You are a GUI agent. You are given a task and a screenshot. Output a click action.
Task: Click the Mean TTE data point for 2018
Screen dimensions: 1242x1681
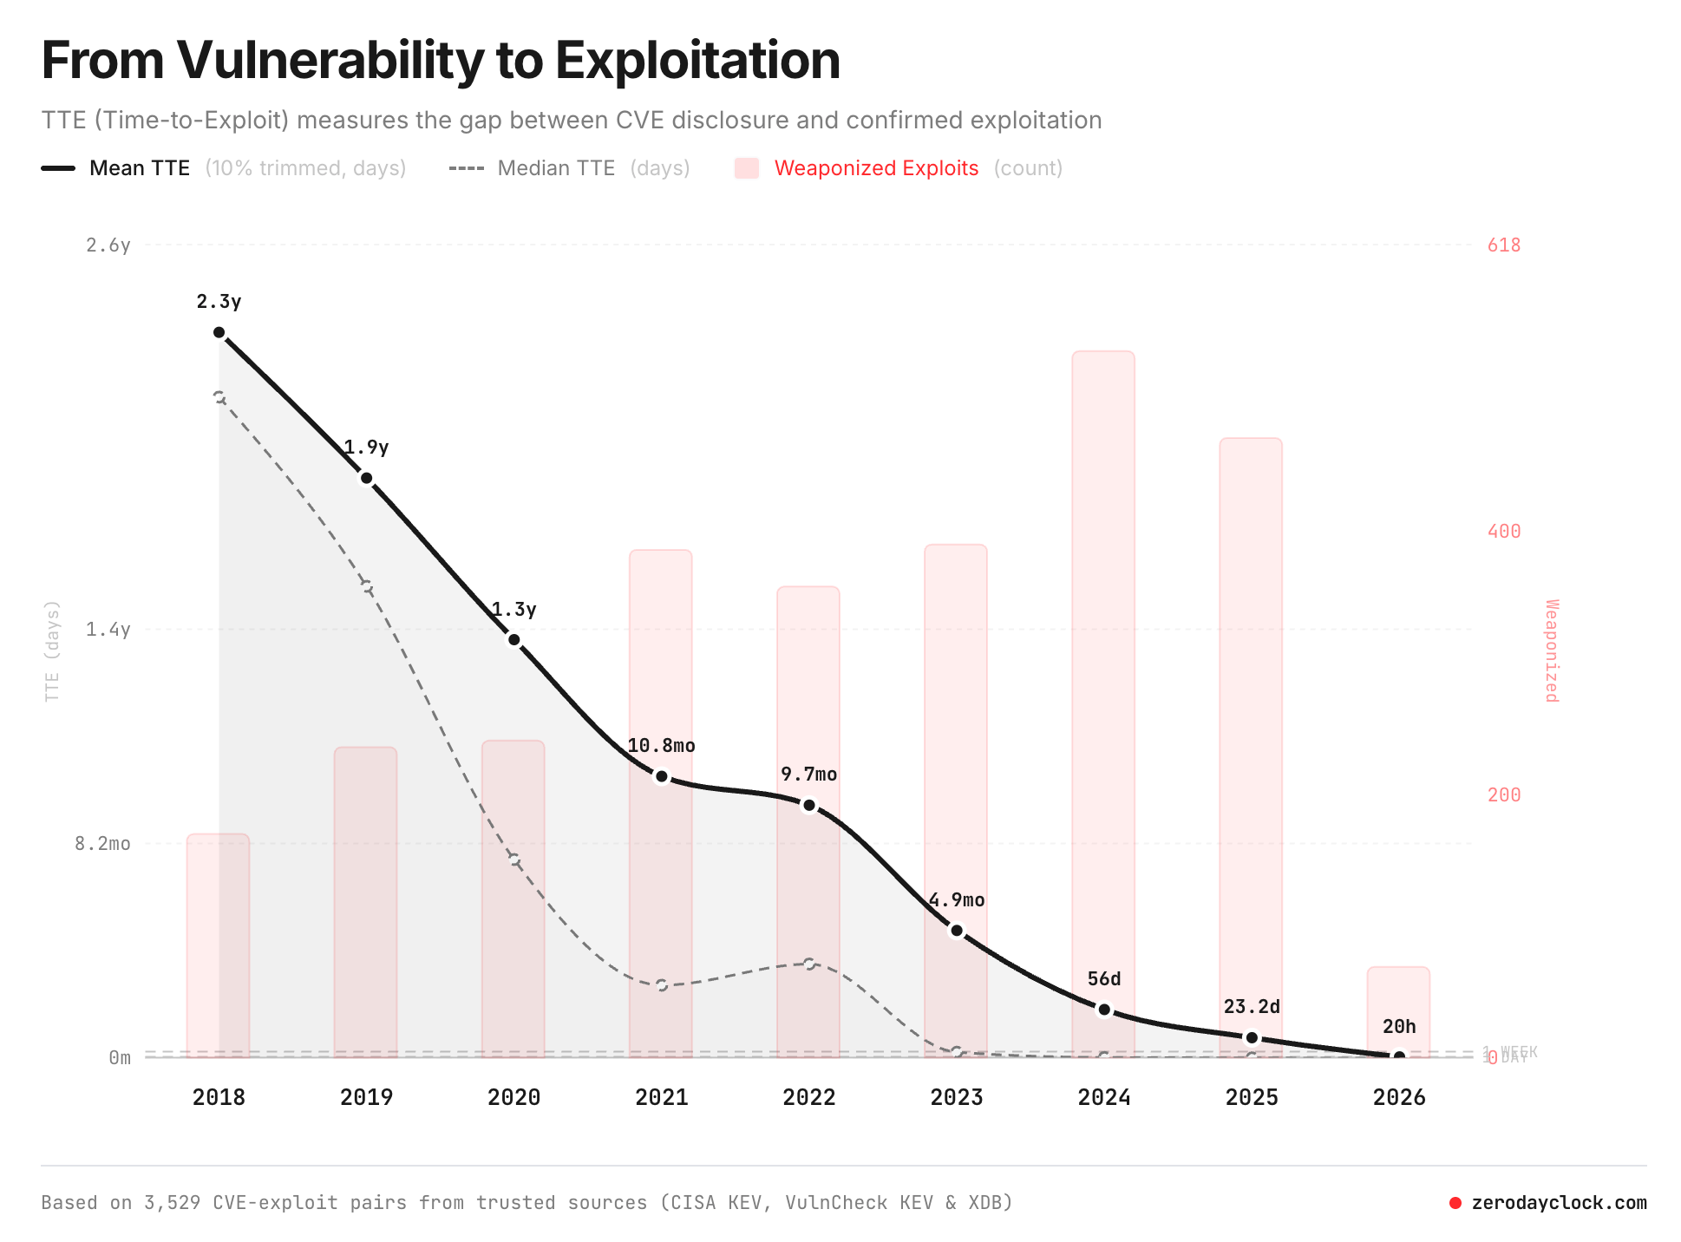219,332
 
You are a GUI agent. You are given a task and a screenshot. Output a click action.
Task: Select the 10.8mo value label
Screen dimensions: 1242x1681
661,746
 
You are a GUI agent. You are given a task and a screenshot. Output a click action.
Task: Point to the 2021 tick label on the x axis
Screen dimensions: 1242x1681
661,1097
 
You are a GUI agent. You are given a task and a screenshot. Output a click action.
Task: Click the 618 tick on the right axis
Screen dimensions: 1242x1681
1504,245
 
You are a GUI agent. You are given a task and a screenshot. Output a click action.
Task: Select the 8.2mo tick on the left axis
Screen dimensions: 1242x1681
102,844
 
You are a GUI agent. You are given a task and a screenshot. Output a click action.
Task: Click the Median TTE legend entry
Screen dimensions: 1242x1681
555,168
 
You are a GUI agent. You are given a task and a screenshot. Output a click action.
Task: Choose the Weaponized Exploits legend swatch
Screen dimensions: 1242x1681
747,168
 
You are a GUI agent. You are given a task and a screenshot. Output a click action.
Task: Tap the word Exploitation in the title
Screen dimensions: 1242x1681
697,61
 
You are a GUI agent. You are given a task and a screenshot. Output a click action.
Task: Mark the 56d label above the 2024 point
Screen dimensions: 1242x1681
1103,979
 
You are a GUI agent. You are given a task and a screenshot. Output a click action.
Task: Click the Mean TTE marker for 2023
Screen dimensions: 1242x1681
957,931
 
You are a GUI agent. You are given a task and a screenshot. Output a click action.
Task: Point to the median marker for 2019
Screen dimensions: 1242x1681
367,587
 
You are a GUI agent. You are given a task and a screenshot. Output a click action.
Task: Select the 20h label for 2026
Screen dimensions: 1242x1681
1398,1027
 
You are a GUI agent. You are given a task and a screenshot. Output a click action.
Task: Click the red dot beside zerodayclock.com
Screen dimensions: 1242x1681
1455,1203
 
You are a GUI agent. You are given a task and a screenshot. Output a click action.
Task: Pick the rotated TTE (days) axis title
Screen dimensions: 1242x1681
52,650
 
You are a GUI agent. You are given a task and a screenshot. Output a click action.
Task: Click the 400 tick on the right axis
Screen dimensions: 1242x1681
1504,531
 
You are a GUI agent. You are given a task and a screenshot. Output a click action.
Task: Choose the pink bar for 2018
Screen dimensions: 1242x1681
218,945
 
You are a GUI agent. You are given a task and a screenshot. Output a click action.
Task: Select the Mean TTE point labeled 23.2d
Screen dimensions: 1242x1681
1252,1037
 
